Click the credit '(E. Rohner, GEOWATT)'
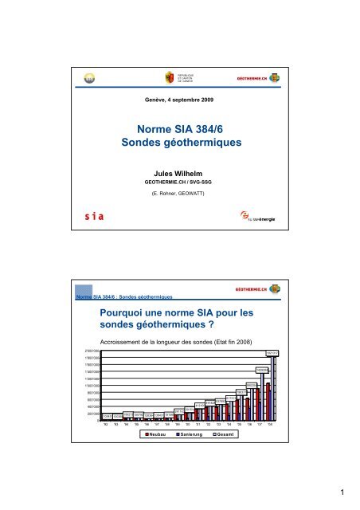179,195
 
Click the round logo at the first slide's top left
90,78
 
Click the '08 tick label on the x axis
271,425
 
